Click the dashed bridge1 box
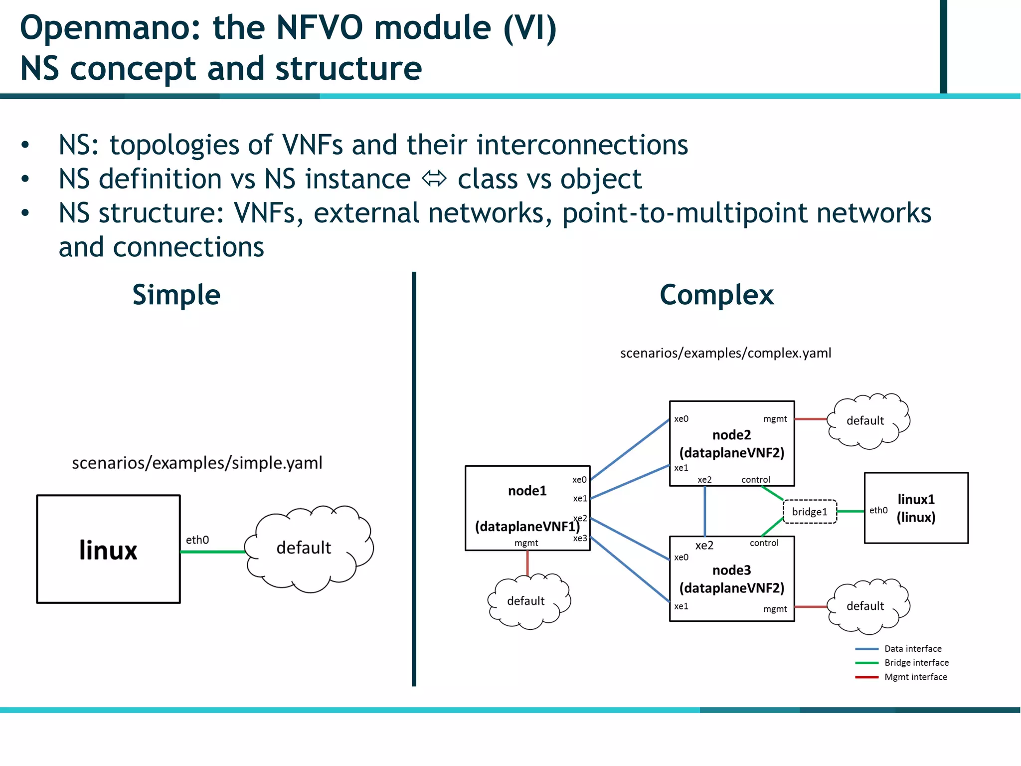click(810, 512)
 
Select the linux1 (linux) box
click(916, 508)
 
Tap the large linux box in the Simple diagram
click(108, 549)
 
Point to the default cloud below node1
click(527, 601)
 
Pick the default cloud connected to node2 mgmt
click(866, 421)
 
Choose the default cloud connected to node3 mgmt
click(866, 606)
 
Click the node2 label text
click(731, 435)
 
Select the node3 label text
click(731, 570)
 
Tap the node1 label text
click(527, 491)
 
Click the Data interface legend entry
click(912, 649)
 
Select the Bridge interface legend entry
click(916, 663)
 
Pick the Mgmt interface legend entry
click(915, 677)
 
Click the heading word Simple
click(176, 295)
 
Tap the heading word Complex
click(716, 295)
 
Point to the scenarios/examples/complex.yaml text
click(725, 353)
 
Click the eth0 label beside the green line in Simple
click(197, 540)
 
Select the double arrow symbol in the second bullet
click(434, 179)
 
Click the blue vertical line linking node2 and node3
click(704, 511)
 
